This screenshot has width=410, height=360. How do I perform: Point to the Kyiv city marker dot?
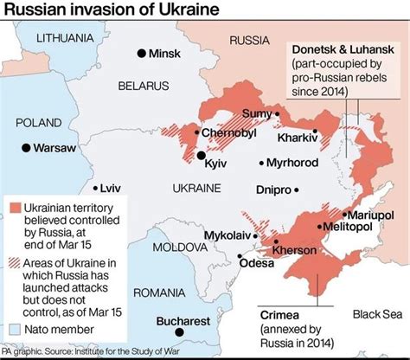click(x=202, y=156)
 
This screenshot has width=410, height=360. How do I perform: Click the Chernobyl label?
click(x=229, y=132)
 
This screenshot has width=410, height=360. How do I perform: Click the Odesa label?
click(x=255, y=263)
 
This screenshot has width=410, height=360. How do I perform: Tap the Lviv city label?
click(x=110, y=187)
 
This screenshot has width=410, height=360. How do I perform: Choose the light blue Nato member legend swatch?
click(x=16, y=330)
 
